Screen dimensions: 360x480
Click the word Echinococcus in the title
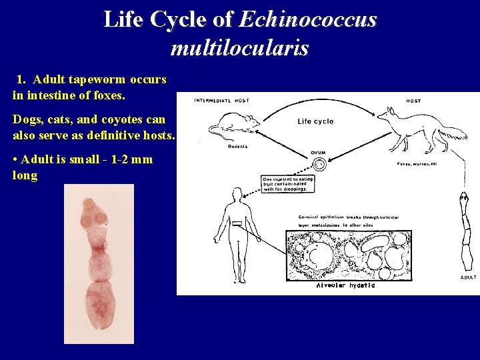click(307, 20)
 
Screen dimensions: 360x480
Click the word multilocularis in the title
click(239, 48)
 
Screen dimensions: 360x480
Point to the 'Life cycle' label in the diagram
click(315, 121)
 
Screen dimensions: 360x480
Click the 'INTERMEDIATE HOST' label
click(222, 101)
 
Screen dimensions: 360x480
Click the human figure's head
click(236, 193)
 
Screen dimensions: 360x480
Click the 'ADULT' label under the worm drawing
click(469, 277)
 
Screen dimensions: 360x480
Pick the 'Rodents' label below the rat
click(237, 147)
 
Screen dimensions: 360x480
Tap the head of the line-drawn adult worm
click(463, 198)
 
